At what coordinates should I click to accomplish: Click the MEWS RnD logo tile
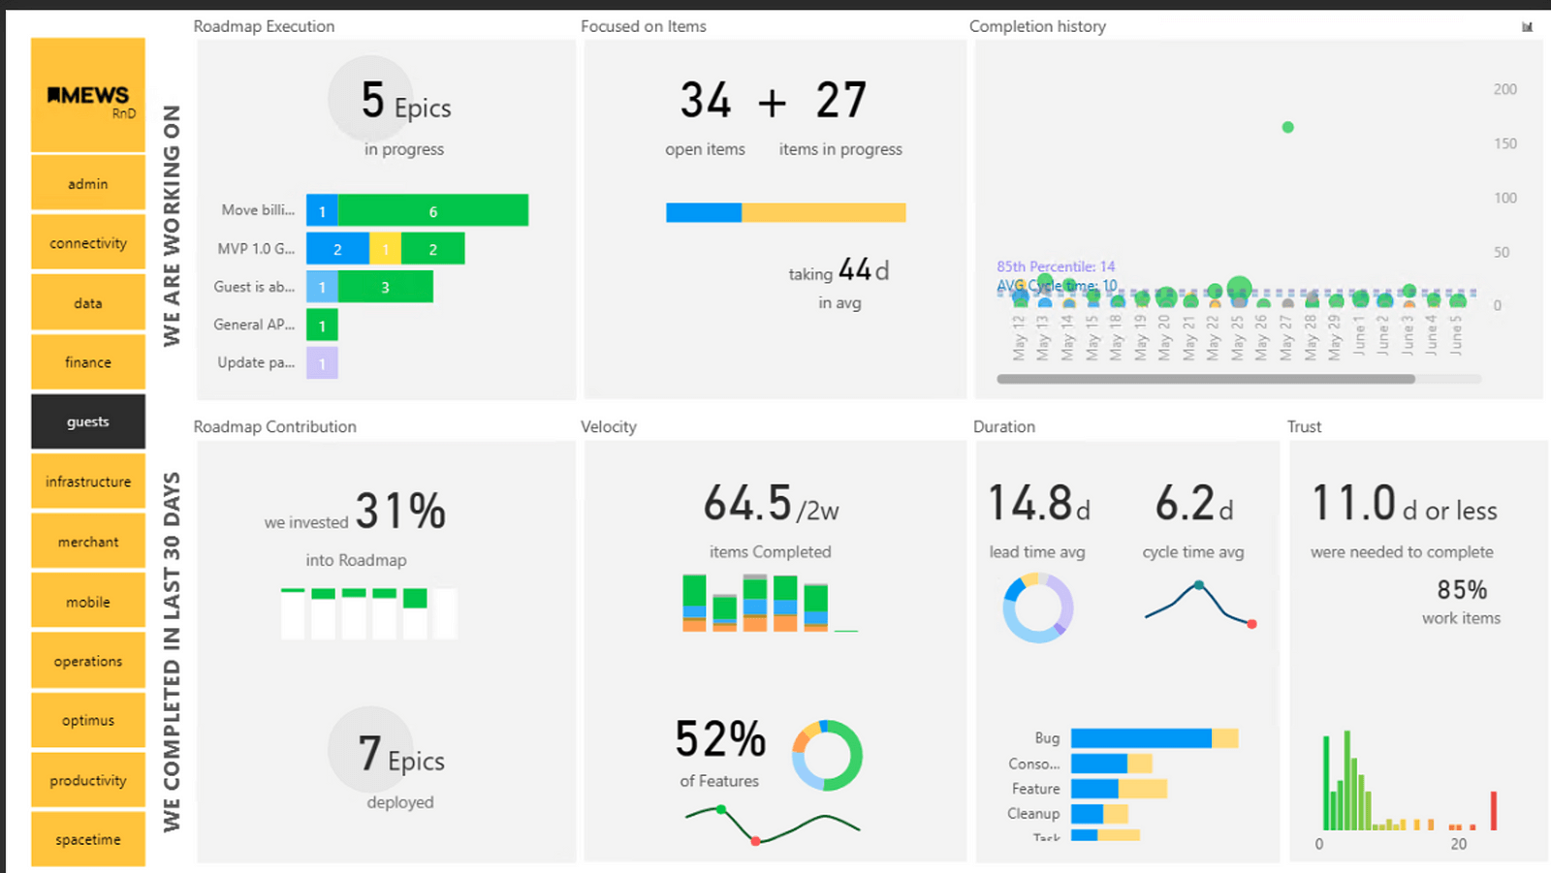point(88,95)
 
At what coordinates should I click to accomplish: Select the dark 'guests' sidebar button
point(88,421)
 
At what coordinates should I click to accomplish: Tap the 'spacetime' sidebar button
point(88,839)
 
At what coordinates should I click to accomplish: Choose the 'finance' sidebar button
point(88,362)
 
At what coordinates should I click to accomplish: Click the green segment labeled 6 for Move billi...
point(432,211)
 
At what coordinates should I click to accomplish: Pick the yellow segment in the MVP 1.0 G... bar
point(385,249)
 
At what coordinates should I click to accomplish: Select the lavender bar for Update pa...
point(322,363)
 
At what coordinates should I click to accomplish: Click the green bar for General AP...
point(322,326)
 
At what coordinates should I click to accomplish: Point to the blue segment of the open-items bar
point(704,212)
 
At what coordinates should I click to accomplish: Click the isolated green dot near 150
point(1287,127)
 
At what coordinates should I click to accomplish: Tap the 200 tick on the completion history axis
point(1504,89)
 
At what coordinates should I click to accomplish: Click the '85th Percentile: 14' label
point(1056,266)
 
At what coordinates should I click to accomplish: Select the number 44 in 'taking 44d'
point(854,269)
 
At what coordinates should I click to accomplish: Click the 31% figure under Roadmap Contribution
point(400,511)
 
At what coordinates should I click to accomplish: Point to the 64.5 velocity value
point(747,504)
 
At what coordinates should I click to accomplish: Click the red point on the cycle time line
point(1251,624)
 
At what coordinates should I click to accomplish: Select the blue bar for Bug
point(1140,738)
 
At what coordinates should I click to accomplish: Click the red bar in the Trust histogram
point(1494,811)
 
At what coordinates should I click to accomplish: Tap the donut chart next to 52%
point(827,756)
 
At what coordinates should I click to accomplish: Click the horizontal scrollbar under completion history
point(1205,379)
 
